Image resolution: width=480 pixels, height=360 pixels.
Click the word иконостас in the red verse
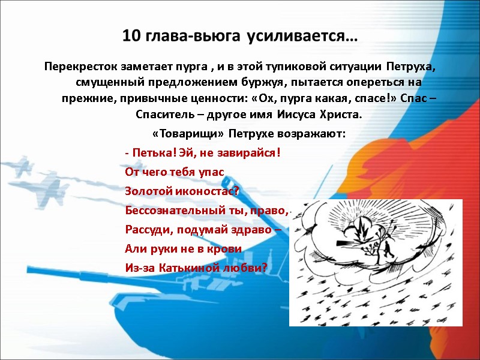200,191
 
